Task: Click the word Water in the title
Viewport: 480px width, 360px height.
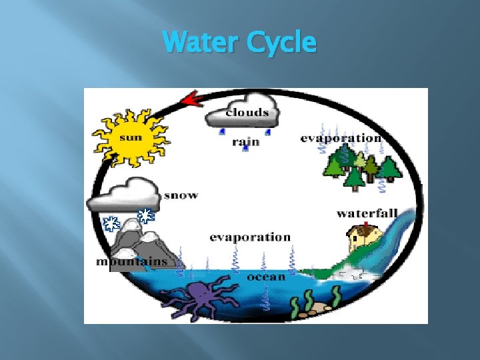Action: (x=201, y=43)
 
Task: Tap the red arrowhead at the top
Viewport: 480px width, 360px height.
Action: (x=193, y=100)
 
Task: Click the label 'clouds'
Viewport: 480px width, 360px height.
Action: (x=248, y=112)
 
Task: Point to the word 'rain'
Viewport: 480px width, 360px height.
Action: (x=245, y=142)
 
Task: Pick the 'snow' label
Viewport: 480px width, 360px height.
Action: (x=181, y=195)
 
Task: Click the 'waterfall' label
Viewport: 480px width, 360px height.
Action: (x=367, y=213)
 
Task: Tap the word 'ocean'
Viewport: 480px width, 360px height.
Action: (x=265, y=276)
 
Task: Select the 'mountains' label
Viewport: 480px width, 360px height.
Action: (x=131, y=261)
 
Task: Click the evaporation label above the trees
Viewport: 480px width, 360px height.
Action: (x=341, y=138)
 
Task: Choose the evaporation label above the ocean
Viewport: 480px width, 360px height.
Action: (x=250, y=237)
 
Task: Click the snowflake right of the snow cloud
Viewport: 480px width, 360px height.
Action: (x=146, y=215)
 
